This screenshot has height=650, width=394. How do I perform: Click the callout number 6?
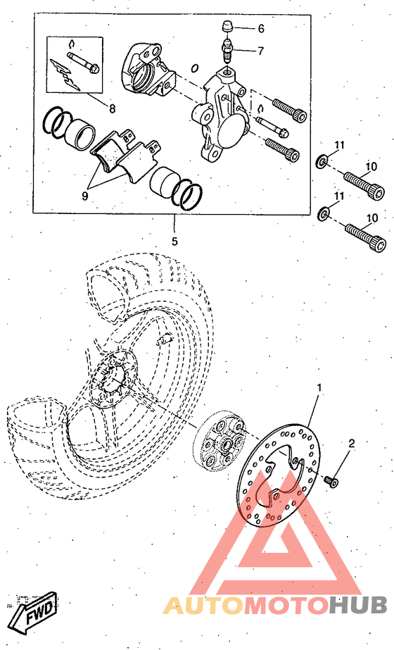point(261,29)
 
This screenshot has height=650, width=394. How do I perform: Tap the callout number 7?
point(260,51)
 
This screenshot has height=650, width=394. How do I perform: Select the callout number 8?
point(113,108)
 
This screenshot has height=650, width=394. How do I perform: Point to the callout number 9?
point(84,196)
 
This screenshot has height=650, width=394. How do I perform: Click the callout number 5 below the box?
point(174,241)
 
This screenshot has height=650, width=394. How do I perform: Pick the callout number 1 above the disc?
point(319,387)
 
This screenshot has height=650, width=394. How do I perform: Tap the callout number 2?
point(352,444)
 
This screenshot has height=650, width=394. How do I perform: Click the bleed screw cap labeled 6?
point(227,28)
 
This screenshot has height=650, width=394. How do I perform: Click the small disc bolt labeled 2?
point(332,481)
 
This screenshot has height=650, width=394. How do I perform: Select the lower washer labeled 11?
point(323,214)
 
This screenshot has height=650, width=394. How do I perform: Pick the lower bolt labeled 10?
point(364,237)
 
